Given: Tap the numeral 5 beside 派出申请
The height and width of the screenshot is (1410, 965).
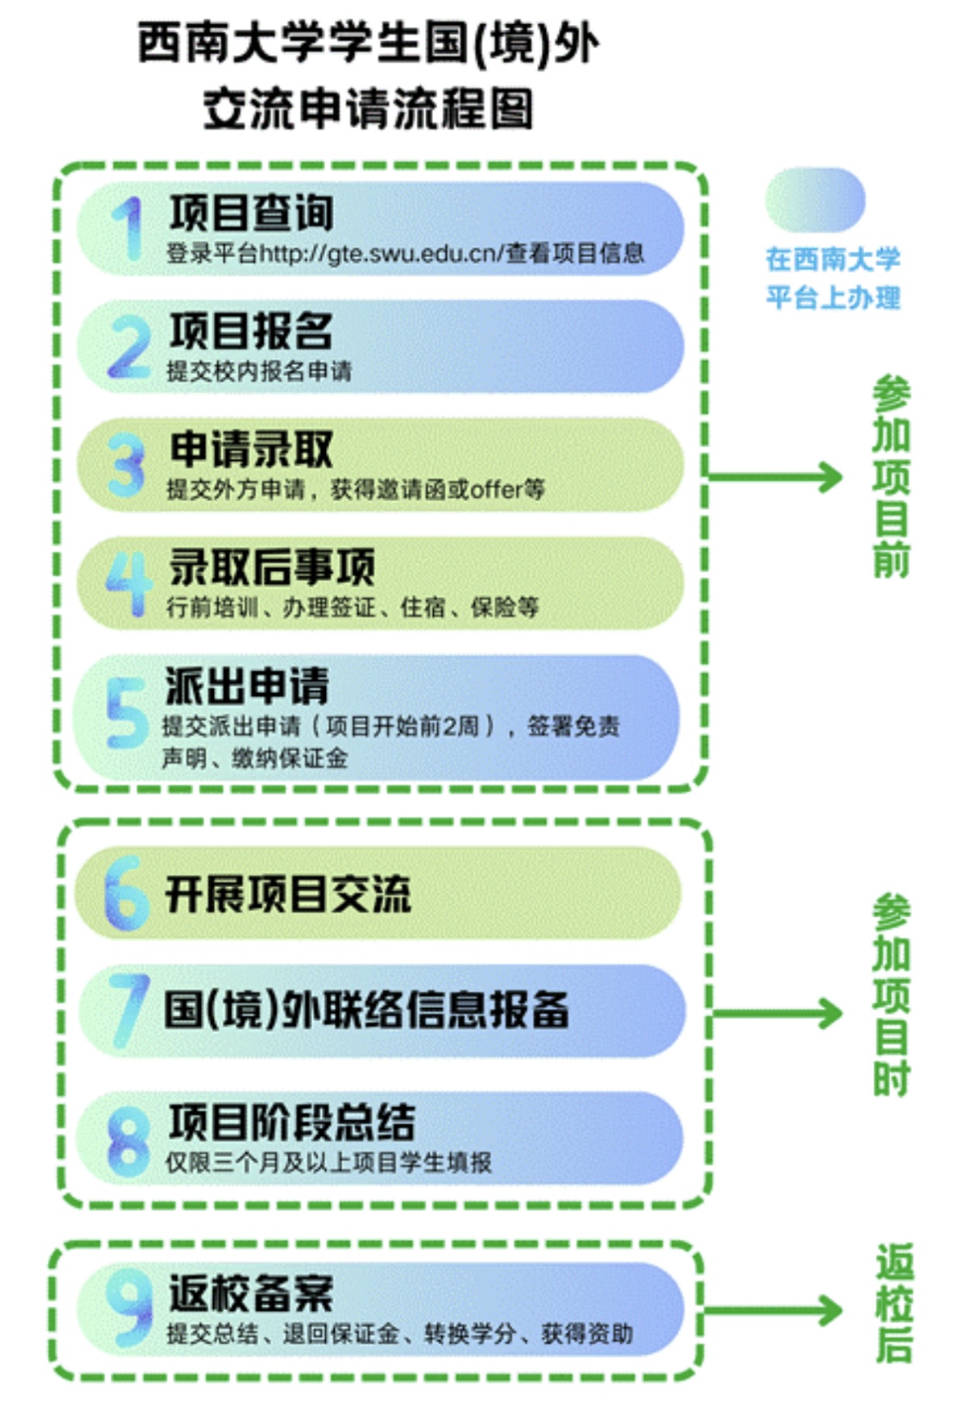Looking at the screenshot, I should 127,712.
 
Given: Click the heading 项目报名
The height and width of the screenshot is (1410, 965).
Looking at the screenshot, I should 251,330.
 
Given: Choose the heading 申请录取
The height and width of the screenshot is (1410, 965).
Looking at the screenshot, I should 251,449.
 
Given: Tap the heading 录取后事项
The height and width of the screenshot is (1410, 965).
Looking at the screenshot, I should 272,567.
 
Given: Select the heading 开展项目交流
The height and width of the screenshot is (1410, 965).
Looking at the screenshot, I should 288,894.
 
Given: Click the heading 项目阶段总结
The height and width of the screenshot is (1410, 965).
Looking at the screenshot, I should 291,1122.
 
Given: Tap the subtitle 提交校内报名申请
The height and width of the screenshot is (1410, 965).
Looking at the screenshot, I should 259,372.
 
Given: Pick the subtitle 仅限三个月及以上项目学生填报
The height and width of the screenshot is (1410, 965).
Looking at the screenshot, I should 329,1162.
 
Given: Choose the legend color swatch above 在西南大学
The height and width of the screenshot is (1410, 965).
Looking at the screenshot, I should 815,200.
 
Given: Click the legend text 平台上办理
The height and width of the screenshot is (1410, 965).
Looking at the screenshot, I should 833,298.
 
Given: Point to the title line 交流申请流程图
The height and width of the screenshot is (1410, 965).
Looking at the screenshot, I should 368,110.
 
